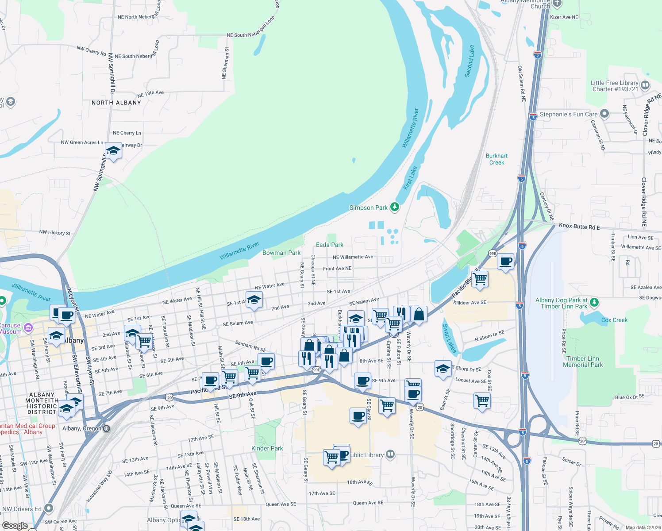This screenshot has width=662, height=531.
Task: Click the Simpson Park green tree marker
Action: pyautogui.click(x=394, y=207)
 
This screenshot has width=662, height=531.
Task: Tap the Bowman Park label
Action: pyautogui.click(x=281, y=253)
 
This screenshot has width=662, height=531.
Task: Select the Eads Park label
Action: pyautogui.click(x=330, y=245)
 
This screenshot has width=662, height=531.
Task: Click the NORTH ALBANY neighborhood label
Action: pyautogui.click(x=116, y=103)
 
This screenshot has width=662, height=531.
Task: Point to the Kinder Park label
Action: pyautogui.click(x=267, y=448)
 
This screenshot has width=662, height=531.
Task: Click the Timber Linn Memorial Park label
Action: pyautogui.click(x=583, y=362)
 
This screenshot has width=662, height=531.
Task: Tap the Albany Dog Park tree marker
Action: pyautogui.click(x=595, y=303)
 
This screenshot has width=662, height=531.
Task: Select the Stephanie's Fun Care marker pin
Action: pyautogui.click(x=604, y=114)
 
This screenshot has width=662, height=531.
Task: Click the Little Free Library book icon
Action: pyautogui.click(x=645, y=85)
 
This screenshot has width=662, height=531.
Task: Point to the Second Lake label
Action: pyautogui.click(x=470, y=61)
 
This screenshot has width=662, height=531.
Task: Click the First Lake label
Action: pyautogui.click(x=410, y=178)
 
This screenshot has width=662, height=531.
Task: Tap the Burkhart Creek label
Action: pyautogui.click(x=496, y=159)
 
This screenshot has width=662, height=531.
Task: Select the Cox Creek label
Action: pyautogui.click(x=614, y=320)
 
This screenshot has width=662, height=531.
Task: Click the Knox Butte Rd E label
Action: pyautogui.click(x=579, y=227)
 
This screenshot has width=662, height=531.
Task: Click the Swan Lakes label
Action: pyautogui.click(x=449, y=338)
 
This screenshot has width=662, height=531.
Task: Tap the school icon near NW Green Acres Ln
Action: pyautogui.click(x=113, y=151)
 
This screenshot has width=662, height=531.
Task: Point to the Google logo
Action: pyautogui.click(x=15, y=526)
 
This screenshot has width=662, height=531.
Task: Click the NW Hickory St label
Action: pyautogui.click(x=55, y=232)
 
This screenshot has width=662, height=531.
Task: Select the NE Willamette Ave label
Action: pyautogui.click(x=353, y=257)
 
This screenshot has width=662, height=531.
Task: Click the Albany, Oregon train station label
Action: pyautogui.click(x=82, y=428)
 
